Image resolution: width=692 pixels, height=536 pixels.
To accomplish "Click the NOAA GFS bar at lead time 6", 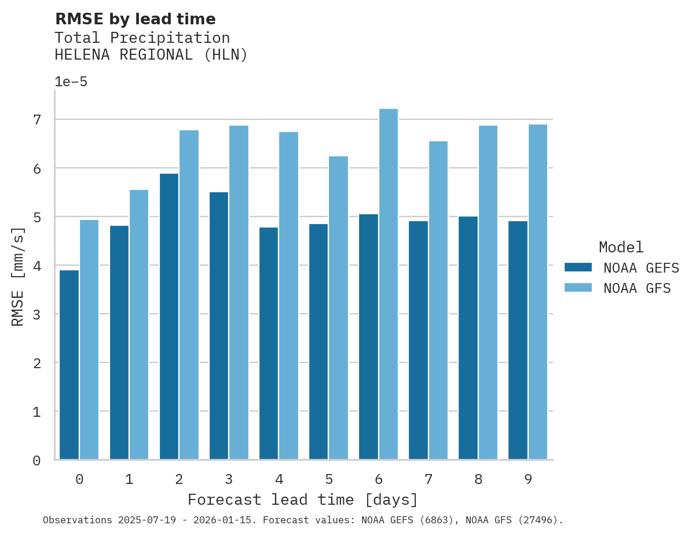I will coord(388,284).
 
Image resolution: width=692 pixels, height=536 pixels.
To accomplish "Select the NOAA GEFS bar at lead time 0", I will coord(69,365).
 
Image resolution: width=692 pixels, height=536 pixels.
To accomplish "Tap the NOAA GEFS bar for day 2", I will coord(169,317).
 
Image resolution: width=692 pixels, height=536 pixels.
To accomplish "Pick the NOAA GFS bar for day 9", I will coord(537,292).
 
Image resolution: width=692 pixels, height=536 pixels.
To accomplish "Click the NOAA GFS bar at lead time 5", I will coord(338,308).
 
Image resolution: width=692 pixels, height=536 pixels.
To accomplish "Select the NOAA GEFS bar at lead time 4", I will coord(269,343).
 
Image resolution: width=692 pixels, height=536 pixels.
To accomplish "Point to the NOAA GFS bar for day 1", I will coord(139,325).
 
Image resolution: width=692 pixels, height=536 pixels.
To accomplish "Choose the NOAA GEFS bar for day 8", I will coord(468,338).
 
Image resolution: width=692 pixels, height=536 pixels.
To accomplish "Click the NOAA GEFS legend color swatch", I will coord(578,267).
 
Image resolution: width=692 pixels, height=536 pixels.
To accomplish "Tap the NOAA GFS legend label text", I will coord(637,288).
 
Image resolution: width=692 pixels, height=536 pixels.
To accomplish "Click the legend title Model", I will coord(621,248).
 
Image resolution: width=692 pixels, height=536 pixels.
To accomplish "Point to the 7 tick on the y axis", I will coord(37,120).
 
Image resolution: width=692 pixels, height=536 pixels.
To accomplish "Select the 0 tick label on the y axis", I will coord(37,461).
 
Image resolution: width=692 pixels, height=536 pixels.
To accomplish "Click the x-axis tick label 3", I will coord(229,479).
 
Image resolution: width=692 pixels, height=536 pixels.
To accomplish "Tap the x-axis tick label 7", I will coord(429,479).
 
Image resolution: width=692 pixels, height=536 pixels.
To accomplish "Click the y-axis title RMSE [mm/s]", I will coord(18,276).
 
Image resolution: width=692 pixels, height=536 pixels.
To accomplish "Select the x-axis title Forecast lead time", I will coord(302,500).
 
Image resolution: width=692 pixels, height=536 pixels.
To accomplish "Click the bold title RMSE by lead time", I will coord(135,19).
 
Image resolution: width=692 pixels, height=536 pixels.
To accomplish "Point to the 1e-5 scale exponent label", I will coord(71,82).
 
